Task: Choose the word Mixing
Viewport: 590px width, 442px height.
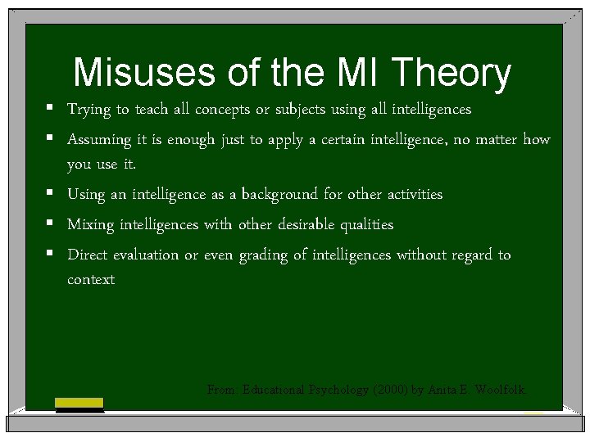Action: tap(90, 225)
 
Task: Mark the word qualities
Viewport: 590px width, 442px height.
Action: tap(365, 225)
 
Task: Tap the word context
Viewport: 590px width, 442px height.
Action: tap(91, 280)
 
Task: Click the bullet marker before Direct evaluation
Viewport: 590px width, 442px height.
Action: tap(51, 255)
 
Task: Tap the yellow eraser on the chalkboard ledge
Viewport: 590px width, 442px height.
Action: tap(79, 403)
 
